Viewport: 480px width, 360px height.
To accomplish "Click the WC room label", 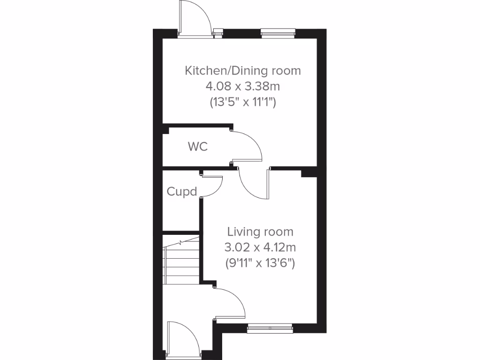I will coord(197,147).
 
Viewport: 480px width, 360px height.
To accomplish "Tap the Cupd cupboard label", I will coord(182,192).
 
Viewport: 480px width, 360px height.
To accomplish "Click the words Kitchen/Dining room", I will coord(243,71).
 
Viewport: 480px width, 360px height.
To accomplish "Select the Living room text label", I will coord(260,232).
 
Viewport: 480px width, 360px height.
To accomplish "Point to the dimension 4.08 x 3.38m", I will coord(242,86).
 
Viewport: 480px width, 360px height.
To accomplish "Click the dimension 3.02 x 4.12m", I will coord(260,247).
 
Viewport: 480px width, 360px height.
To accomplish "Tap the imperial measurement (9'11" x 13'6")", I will coord(260,262).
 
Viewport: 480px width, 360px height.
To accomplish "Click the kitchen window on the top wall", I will coord(278,32).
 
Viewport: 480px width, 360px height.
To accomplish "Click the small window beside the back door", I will coord(218,32).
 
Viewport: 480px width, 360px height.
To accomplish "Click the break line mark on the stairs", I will coord(181,243).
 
